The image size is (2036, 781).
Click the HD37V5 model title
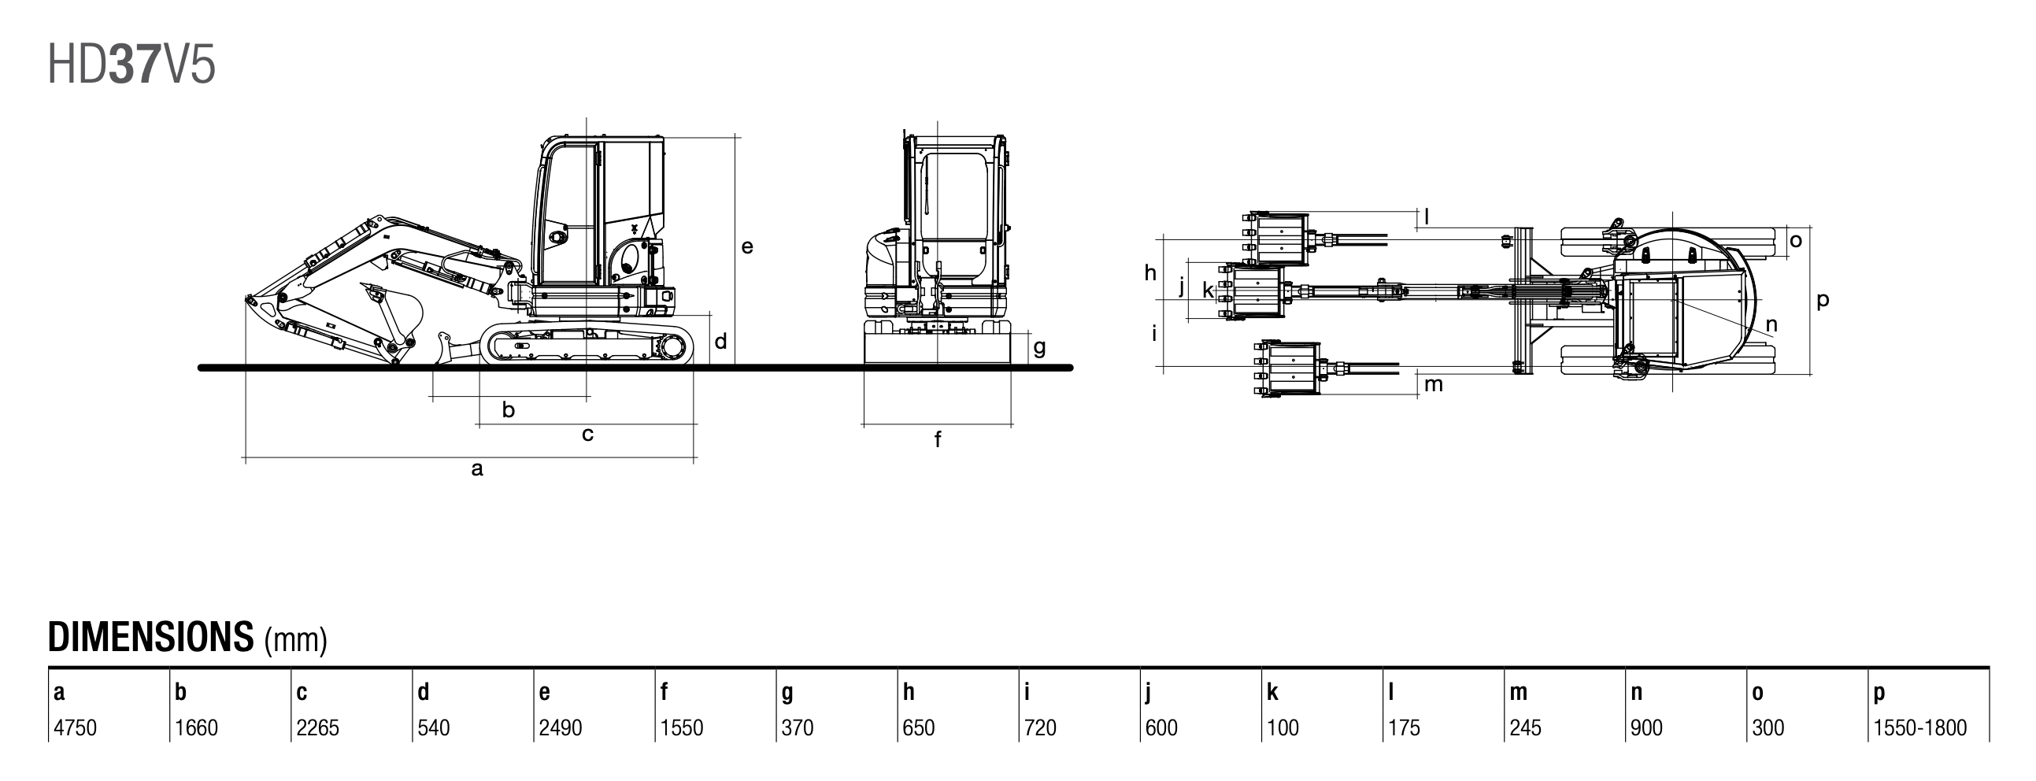131,65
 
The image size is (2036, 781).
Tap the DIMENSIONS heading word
151,637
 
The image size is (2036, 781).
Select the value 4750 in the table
75,727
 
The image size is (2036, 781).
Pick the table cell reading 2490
561,727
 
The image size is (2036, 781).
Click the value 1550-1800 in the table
1919,727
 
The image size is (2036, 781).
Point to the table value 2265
318,727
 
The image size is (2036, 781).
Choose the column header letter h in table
909,693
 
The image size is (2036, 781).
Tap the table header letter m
1518,693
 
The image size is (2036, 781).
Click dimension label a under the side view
476,469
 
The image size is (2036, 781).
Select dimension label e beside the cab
747,246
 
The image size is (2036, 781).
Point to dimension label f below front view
938,439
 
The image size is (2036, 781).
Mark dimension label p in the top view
1823,301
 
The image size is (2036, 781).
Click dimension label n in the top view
1771,324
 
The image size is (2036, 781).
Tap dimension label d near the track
720,342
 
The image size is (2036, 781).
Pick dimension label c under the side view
587,434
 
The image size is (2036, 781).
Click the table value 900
1646,727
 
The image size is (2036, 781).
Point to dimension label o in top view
1796,240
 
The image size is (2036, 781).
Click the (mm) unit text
295,640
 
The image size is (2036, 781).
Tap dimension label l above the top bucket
1427,215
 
